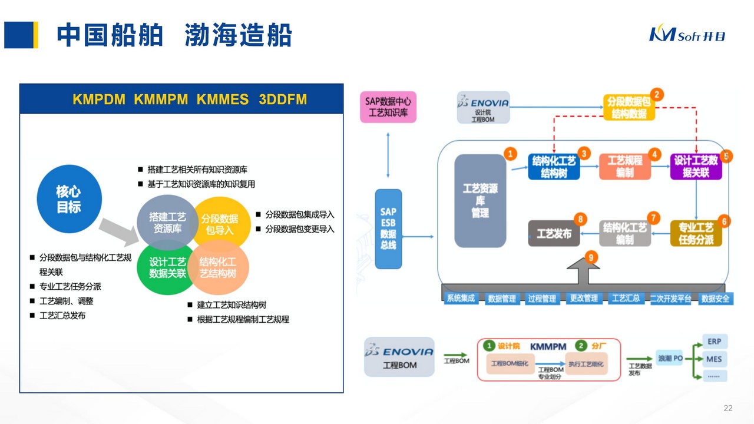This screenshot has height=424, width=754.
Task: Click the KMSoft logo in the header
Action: tap(687, 34)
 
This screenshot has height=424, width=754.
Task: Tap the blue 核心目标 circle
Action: tap(69, 199)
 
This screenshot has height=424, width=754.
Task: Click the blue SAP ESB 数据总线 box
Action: tap(388, 228)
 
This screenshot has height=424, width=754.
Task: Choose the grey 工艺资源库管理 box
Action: tap(480, 200)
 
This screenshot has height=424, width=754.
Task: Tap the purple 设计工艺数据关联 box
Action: tap(696, 167)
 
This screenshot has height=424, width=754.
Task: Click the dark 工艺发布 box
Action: tap(554, 234)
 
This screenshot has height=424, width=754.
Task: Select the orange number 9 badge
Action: tap(591, 257)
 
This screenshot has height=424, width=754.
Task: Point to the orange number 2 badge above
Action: tap(657, 94)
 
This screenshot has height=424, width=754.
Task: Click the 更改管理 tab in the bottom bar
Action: tap(583, 299)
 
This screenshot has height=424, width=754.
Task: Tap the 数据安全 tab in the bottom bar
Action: tap(715, 299)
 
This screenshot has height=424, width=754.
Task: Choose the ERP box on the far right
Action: tap(715, 341)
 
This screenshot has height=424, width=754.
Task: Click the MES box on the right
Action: tap(715, 359)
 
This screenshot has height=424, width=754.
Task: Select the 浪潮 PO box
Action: tap(670, 358)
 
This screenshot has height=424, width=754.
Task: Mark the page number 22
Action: tap(727, 408)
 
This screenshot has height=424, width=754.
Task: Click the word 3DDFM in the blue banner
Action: tap(283, 100)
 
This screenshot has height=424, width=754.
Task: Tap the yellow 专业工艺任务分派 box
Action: tap(696, 233)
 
